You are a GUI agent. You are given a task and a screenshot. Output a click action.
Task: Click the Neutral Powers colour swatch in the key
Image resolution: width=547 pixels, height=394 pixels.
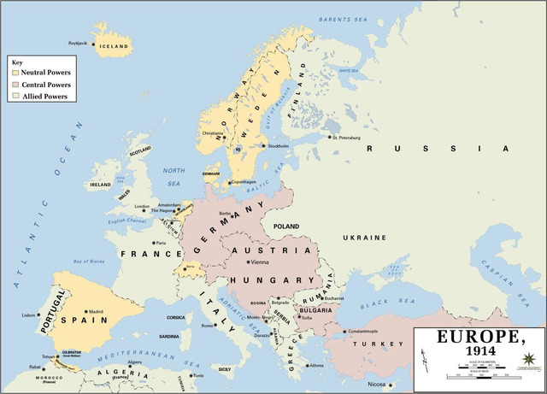[15, 73]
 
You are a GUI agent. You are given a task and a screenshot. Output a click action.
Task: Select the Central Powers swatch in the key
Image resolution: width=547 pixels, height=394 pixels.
[15, 85]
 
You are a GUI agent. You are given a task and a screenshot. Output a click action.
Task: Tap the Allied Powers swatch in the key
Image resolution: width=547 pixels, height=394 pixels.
[15, 97]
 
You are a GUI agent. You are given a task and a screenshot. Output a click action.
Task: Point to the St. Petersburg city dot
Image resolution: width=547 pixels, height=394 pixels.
[330, 136]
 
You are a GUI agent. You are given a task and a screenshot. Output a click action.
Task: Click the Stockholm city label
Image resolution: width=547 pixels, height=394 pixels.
[279, 145]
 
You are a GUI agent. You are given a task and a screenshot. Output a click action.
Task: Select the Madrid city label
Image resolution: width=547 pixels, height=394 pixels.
[96, 311]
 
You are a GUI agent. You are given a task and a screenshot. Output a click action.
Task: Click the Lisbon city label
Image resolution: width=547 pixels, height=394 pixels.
[30, 315]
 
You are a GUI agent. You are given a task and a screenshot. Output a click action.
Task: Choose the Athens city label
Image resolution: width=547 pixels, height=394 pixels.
[316, 365]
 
